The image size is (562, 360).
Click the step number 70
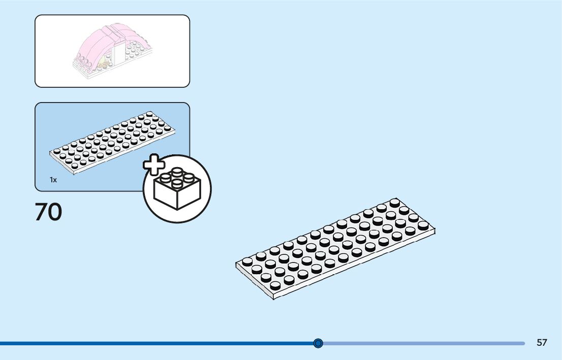point(48,212)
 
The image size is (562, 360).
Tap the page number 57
point(542,343)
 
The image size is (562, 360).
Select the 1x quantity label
point(53,180)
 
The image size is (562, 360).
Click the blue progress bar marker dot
point(319,343)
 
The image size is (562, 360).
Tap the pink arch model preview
point(112,50)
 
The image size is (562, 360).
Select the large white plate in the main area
point(335,249)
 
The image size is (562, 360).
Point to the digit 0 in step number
point(55,212)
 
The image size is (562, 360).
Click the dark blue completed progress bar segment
point(152,343)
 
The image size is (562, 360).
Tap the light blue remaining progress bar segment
point(422,343)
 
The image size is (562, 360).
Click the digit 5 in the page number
point(539,343)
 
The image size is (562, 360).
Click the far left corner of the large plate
point(236,264)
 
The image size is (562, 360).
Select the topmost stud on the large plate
point(394,203)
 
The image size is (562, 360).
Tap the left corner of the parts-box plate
point(50,152)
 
